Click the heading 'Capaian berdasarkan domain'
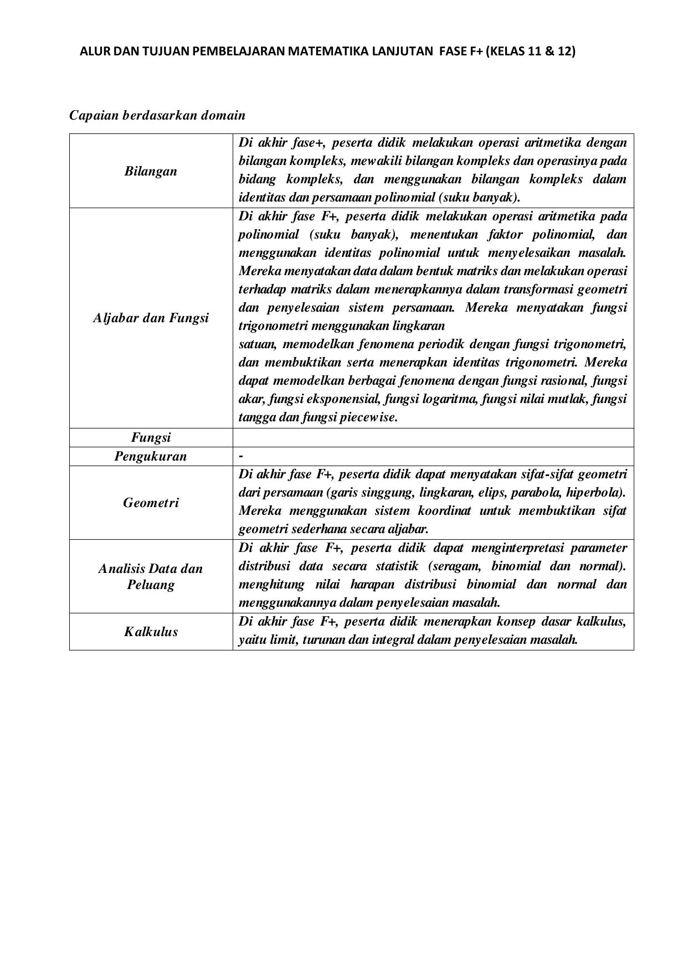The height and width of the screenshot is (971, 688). coord(157,115)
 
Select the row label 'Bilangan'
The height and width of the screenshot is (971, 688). coord(151,171)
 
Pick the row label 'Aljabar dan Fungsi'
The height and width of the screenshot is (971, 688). coord(151,318)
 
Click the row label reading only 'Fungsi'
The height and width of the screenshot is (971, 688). coord(151,437)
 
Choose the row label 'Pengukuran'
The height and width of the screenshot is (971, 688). coord(151,456)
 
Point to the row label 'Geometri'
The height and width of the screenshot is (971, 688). coord(151,503)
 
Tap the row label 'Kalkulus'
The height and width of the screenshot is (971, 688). coord(151,632)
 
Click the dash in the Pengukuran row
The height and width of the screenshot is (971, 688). coord(241,456)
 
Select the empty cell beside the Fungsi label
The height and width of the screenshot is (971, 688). coord(433,437)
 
